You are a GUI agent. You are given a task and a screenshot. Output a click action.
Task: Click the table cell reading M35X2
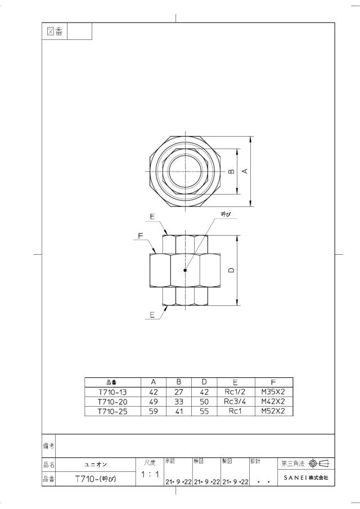point(273,392)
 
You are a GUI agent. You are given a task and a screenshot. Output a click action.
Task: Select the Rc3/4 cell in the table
point(235,402)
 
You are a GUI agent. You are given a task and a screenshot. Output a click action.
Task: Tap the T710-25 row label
point(112,411)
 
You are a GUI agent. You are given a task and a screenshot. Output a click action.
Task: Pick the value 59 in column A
point(153,411)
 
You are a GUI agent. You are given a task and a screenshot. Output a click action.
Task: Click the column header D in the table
point(204,382)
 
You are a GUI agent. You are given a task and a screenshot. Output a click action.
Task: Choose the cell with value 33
point(179,402)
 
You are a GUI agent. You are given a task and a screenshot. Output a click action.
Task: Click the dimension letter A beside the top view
point(245,171)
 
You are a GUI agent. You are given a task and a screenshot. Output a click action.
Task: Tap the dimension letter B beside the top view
point(231,171)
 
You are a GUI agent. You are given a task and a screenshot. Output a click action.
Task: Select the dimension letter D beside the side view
point(231,270)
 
